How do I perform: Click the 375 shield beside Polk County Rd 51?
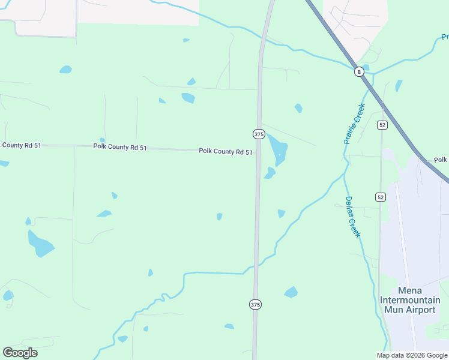click(x=259, y=134)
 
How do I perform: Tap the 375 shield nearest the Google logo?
click(x=255, y=305)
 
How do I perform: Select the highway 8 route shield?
click(x=359, y=72)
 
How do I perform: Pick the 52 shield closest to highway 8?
click(x=382, y=125)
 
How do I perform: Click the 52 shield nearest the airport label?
click(x=381, y=197)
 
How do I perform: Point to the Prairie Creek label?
click(x=355, y=124)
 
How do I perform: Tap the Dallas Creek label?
click(x=352, y=217)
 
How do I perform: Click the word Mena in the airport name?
click(x=410, y=290)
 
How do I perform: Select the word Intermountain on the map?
click(x=410, y=300)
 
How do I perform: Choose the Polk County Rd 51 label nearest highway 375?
click(x=226, y=152)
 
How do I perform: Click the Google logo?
click(x=20, y=352)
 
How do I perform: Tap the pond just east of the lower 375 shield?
click(x=291, y=293)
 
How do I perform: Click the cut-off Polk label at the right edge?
click(x=441, y=160)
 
